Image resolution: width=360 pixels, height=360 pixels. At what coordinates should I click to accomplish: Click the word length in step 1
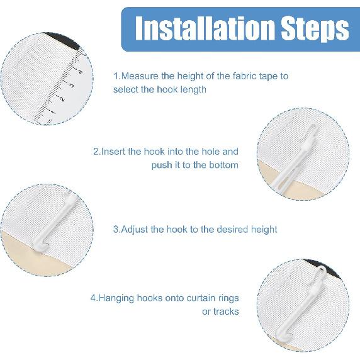click(x=193, y=89)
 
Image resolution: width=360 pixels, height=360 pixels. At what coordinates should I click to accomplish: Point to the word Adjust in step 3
click(x=136, y=229)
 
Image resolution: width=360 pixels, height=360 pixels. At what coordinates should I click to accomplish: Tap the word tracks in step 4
click(x=226, y=311)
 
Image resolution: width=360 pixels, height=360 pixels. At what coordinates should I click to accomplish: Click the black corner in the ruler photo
click(x=66, y=42)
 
